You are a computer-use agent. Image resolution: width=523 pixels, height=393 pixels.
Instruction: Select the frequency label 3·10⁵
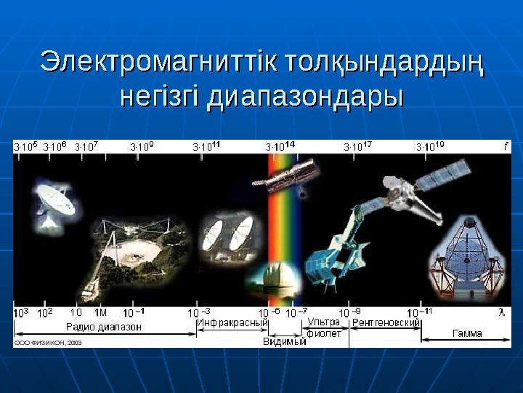click(26, 146)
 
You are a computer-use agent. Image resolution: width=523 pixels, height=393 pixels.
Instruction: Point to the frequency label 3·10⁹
click(142, 146)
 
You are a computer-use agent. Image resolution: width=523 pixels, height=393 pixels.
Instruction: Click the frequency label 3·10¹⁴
click(280, 146)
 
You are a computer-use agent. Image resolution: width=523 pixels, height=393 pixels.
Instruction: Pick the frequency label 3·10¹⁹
click(431, 146)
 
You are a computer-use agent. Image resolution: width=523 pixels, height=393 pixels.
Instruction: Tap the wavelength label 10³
click(22, 313)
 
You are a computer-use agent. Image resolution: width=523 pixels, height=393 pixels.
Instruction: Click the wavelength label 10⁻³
click(201, 313)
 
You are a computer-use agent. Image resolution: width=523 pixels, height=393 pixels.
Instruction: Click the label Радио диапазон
click(105, 327)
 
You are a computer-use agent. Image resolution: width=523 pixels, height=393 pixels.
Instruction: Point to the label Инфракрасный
click(227, 322)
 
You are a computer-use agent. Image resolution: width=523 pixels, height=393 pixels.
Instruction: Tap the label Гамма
click(468, 334)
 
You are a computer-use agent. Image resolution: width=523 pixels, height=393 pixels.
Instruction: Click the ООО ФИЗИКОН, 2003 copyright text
click(48, 341)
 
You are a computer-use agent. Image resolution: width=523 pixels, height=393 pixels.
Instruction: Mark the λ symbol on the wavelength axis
click(501, 313)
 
